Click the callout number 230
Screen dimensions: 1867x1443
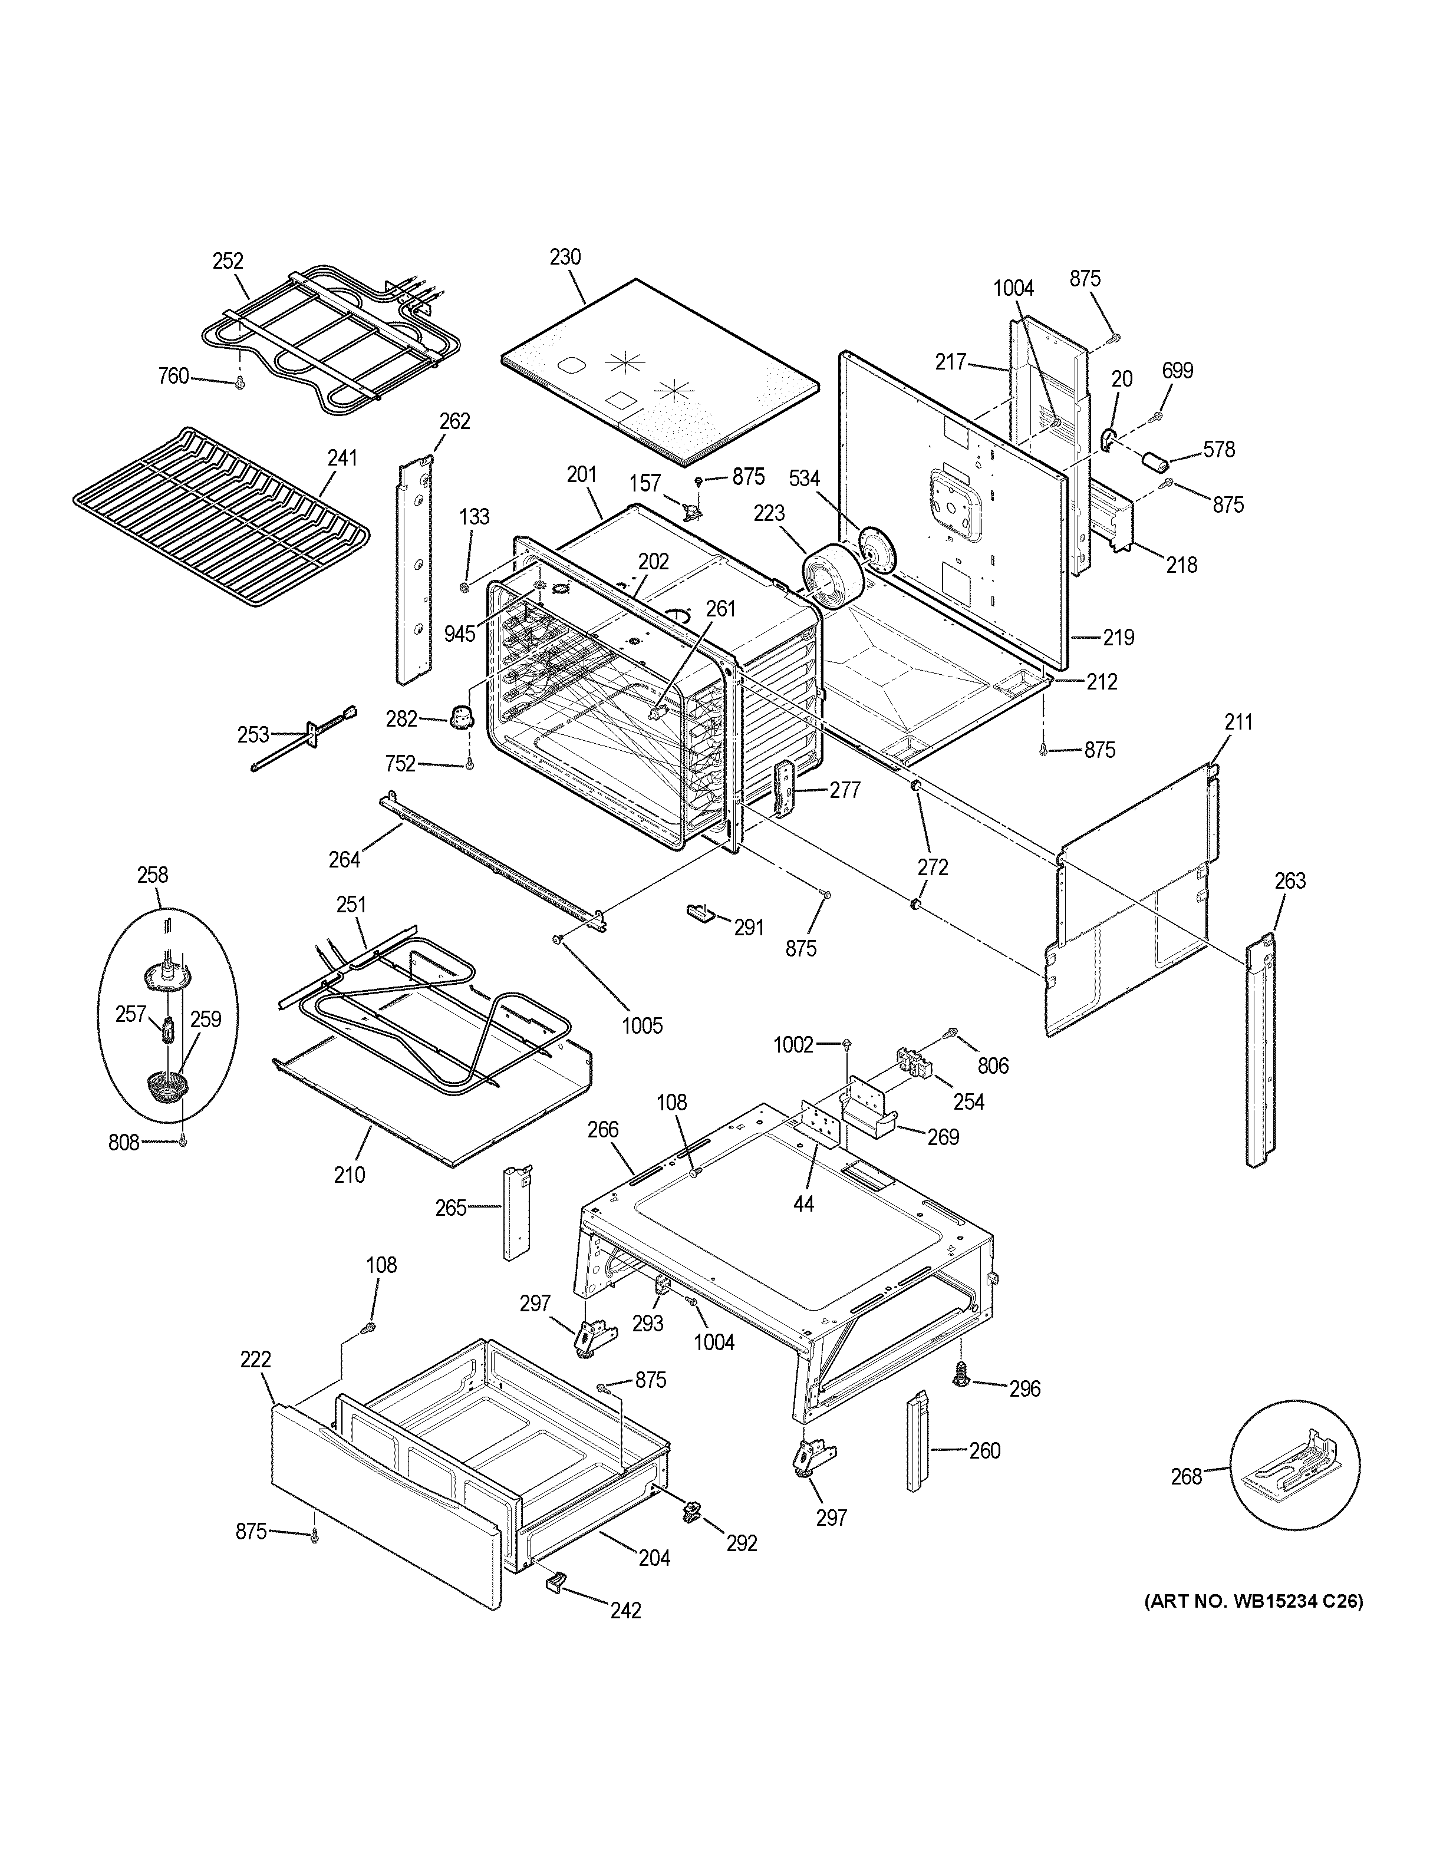[x=565, y=256]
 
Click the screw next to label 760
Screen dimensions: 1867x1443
[x=240, y=382]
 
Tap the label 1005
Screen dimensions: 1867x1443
[x=641, y=1025]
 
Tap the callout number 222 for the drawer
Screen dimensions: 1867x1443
[x=256, y=1359]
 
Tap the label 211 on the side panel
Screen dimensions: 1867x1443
[x=1238, y=723]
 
